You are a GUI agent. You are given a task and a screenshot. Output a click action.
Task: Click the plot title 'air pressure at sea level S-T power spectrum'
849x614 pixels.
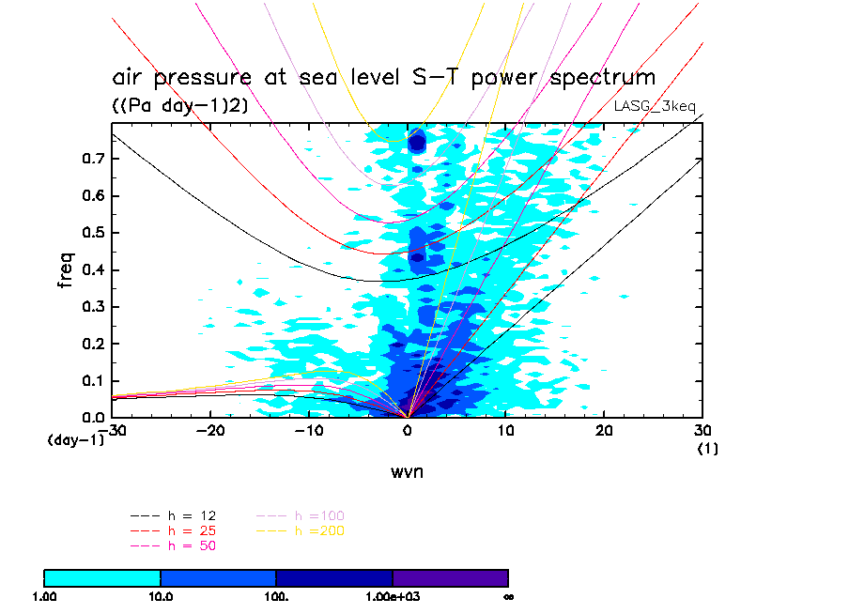click(x=383, y=77)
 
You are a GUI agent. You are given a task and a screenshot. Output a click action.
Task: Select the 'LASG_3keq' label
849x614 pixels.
click(x=655, y=105)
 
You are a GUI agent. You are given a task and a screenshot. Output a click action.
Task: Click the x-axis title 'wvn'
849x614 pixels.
click(x=407, y=471)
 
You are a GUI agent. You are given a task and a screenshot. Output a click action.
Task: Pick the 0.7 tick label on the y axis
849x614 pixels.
click(x=91, y=159)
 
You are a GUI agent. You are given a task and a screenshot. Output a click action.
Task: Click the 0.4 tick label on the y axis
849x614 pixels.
click(x=91, y=270)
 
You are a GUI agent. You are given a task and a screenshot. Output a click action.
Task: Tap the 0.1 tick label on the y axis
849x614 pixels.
click(x=91, y=380)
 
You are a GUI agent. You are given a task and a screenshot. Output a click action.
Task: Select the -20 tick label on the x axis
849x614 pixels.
click(x=209, y=430)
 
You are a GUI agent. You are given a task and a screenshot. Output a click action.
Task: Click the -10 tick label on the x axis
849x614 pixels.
click(x=308, y=430)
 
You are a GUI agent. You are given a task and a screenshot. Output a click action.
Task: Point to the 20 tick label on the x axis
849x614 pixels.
click(x=604, y=430)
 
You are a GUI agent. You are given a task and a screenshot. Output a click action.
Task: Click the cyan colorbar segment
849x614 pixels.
click(x=102, y=577)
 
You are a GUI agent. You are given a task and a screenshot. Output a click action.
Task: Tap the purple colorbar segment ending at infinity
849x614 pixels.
click(x=450, y=577)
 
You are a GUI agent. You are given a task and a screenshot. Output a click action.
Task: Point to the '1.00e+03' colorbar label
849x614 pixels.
click(x=393, y=596)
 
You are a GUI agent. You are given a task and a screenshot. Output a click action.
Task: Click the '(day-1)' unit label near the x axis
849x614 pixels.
click(x=76, y=438)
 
